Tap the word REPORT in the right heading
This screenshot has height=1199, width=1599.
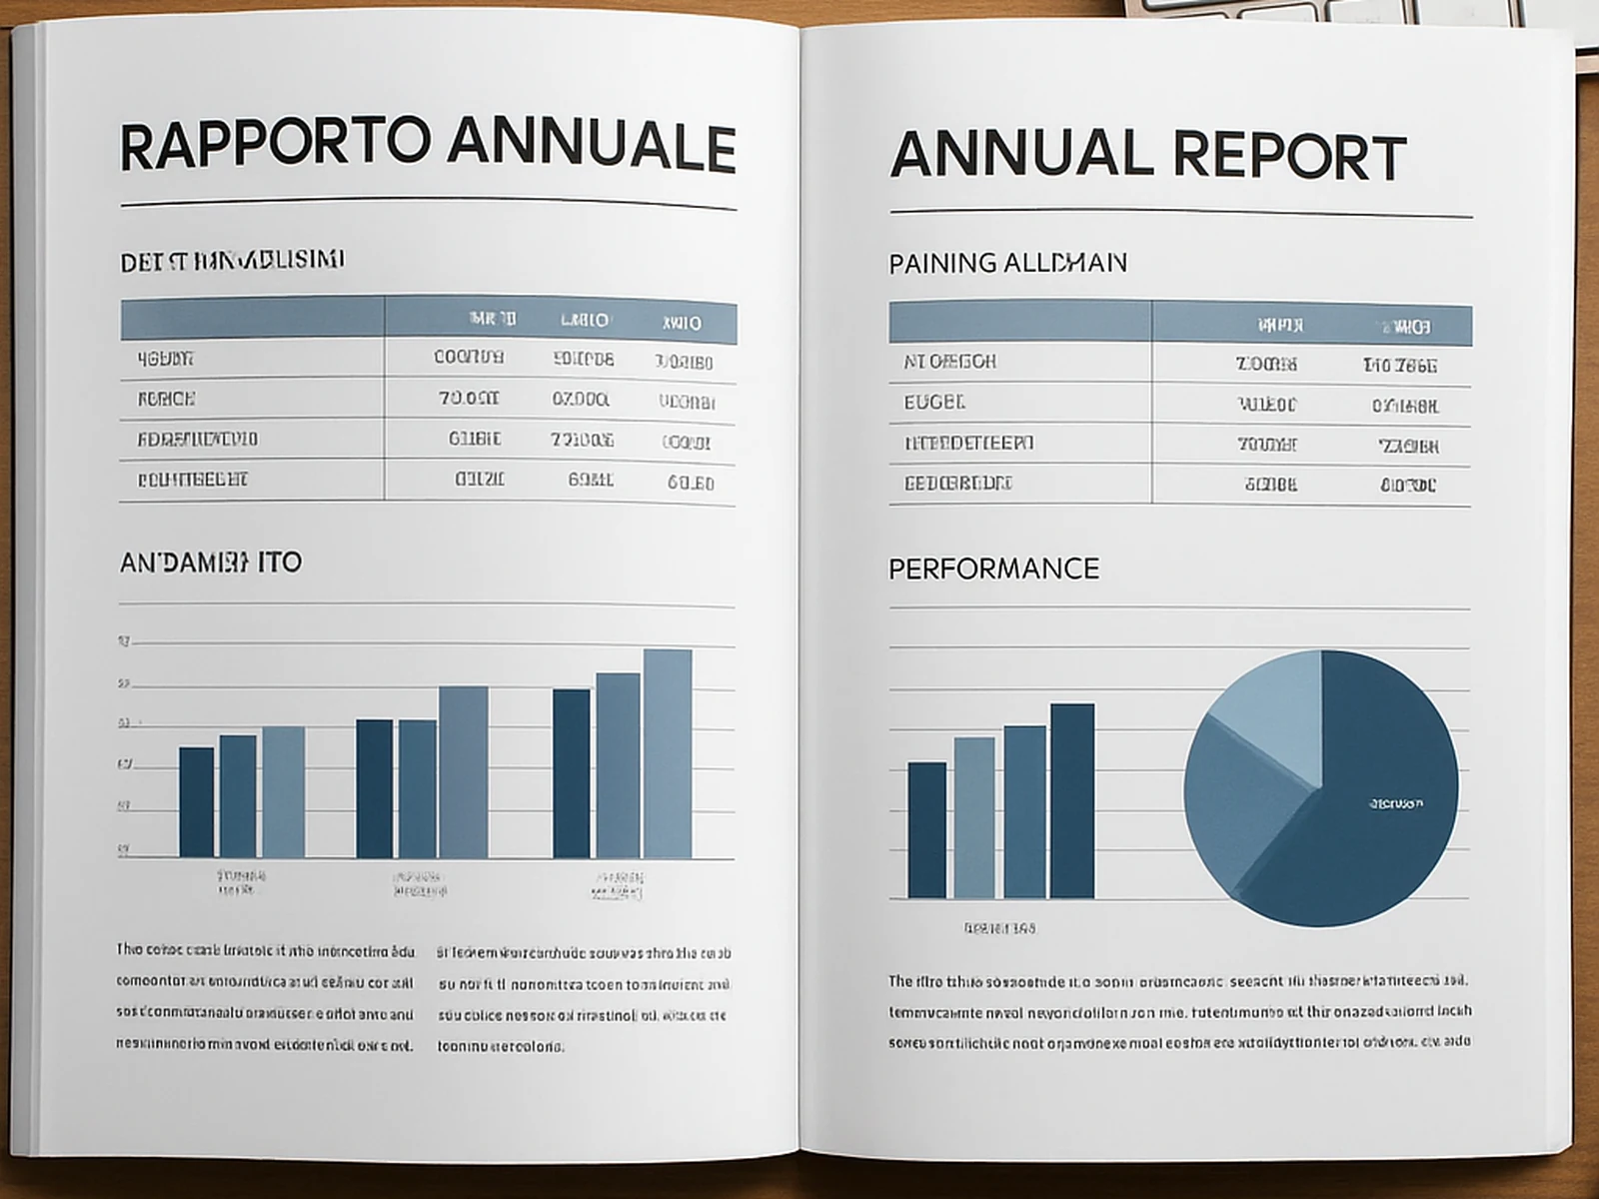(x=1289, y=157)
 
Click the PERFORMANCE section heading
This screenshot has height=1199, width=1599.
(x=993, y=569)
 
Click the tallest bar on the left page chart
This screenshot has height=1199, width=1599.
(x=668, y=753)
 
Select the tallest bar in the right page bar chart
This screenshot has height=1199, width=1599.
(x=1072, y=801)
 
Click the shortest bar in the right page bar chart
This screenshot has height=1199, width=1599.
(x=926, y=830)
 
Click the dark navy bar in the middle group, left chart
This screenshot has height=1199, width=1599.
(x=375, y=788)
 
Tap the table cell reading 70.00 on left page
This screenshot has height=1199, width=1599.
(x=469, y=399)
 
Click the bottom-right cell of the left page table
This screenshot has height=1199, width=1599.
(x=691, y=483)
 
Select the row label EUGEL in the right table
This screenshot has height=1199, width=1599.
(x=934, y=403)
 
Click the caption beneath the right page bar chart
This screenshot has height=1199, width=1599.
(x=999, y=928)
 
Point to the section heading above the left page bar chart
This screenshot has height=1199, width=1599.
(x=211, y=563)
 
